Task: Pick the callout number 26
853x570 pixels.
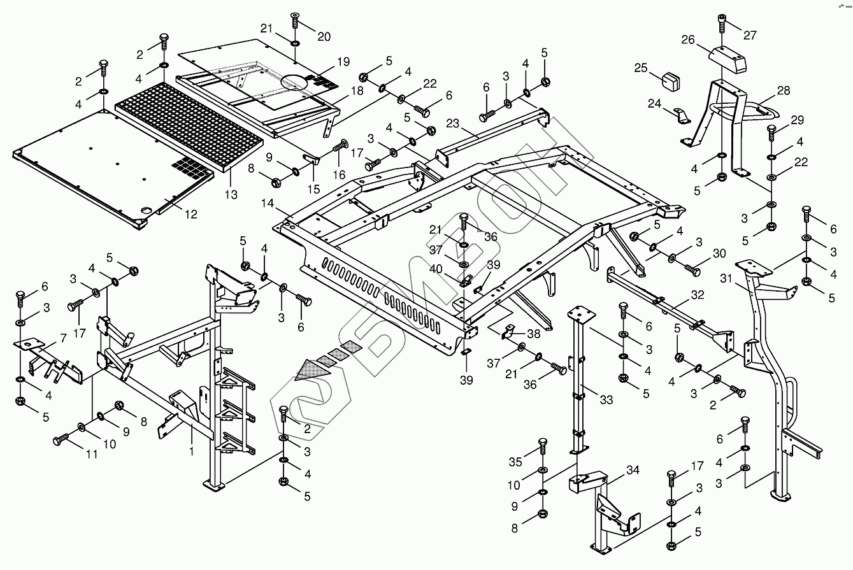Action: [687, 39]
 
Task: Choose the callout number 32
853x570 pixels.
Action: [697, 295]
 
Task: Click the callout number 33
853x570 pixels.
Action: [606, 399]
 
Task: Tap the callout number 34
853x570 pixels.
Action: [632, 471]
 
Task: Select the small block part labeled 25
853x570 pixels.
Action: [670, 81]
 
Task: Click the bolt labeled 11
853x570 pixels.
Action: [62, 440]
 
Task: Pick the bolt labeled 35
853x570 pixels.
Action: [543, 445]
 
